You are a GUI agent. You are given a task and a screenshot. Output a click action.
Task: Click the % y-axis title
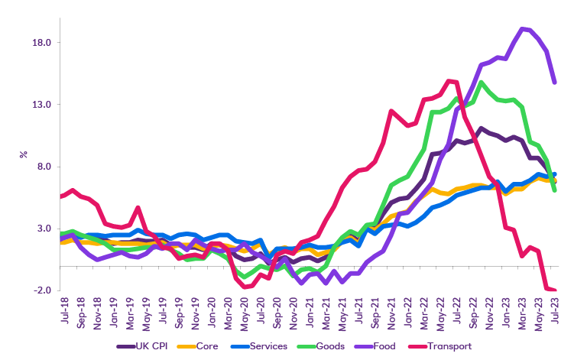pyautogui.click(x=23, y=154)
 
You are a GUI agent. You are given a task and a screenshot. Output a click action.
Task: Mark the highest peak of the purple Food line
pyautogui.click(x=522, y=29)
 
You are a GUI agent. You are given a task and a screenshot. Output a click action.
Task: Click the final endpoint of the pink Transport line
pyautogui.click(x=554, y=290)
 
